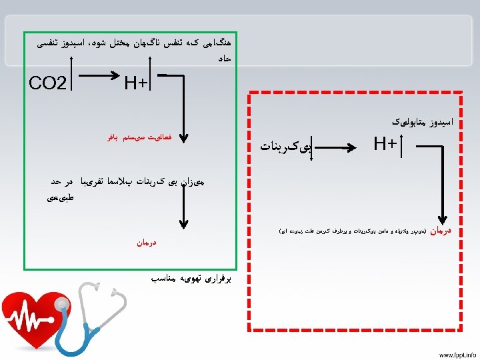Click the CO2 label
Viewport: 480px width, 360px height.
tap(49, 84)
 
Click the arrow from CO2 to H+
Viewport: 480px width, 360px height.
tap(100, 75)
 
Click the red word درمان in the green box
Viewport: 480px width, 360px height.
tap(142, 243)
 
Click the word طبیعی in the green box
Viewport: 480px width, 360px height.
tap(61, 197)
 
